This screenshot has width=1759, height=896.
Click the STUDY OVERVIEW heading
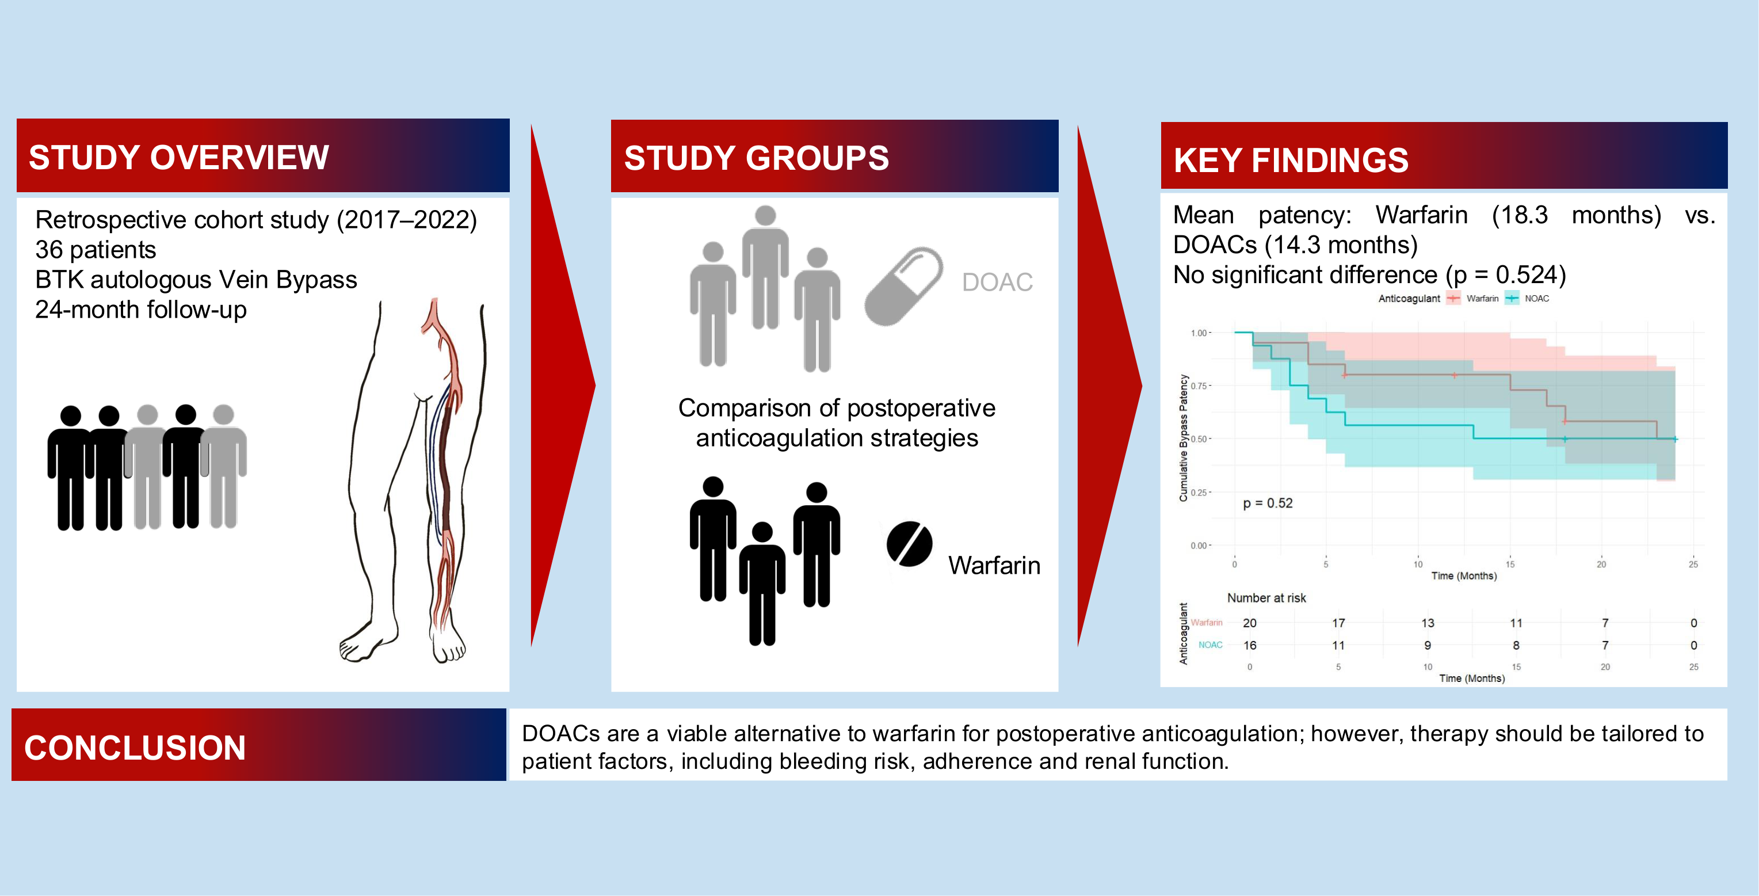(179, 158)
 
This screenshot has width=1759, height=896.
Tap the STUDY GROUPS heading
(757, 158)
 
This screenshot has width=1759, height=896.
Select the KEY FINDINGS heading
(1291, 161)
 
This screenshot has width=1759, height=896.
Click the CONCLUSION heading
(135, 748)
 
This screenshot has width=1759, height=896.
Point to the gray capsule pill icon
(903, 287)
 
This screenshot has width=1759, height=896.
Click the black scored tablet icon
(909, 544)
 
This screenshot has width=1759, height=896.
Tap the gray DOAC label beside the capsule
(997, 282)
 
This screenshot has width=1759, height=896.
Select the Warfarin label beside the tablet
(994, 566)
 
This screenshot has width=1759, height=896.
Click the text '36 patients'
(96, 250)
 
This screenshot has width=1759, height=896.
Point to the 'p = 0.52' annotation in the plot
(1268, 504)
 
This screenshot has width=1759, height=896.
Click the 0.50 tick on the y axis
(1199, 439)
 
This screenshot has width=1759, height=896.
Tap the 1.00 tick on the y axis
(1199, 333)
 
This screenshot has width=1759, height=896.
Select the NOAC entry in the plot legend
(1528, 299)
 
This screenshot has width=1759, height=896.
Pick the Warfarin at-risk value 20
(1250, 623)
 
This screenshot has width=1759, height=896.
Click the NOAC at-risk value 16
(1250, 645)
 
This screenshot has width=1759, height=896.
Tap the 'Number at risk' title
(1266, 598)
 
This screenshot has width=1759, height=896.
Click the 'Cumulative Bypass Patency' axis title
(1184, 438)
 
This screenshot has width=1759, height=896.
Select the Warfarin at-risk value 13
(1428, 623)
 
